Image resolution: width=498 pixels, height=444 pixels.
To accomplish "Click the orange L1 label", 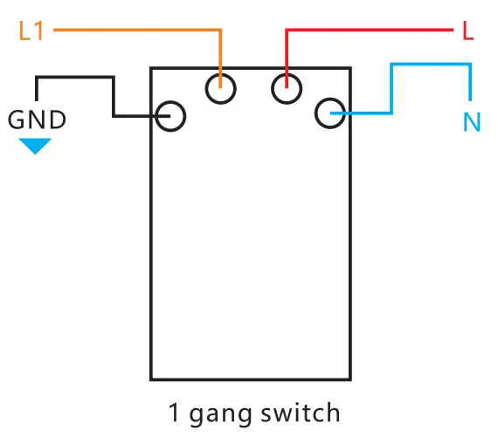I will click(x=31, y=31).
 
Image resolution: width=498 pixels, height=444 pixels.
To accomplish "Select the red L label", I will click(x=468, y=32).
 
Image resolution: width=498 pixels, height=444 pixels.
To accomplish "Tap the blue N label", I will click(x=472, y=121).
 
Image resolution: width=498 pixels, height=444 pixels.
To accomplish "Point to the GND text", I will click(x=37, y=120).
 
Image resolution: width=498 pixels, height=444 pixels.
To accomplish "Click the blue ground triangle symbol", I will click(x=36, y=145).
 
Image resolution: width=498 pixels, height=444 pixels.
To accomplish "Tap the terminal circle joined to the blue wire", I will click(x=329, y=113).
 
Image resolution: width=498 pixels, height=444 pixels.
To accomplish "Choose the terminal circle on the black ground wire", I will click(x=171, y=116).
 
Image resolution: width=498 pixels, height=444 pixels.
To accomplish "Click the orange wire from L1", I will click(x=131, y=31).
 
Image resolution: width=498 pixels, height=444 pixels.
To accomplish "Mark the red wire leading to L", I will click(x=367, y=32).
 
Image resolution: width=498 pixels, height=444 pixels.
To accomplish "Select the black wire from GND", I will click(x=114, y=96).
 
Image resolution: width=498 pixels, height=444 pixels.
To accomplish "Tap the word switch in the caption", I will click(x=299, y=412).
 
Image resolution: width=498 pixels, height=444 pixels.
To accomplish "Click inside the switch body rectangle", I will click(x=251, y=253).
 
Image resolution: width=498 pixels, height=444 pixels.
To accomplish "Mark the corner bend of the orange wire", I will click(x=220, y=32).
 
